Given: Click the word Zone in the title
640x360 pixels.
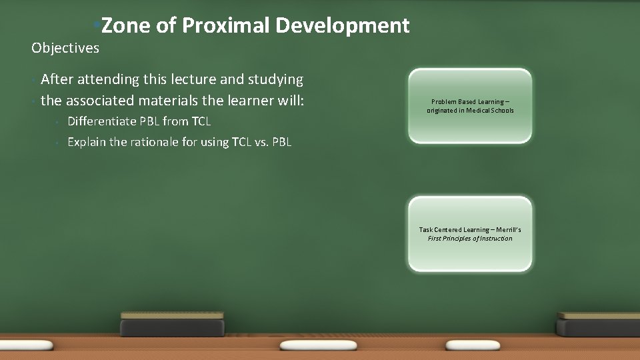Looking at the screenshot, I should click(126, 26).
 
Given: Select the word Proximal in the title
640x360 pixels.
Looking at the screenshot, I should click(225, 26).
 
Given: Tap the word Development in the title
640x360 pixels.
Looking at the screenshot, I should click(342, 26).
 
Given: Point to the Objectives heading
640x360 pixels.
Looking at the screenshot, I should click(65, 48).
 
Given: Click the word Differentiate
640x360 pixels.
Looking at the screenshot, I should click(103, 122).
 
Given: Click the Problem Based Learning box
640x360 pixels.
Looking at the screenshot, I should click(470, 106).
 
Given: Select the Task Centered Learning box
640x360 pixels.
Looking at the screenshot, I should click(470, 233).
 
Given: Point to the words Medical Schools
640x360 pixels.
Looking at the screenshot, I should click(490, 111).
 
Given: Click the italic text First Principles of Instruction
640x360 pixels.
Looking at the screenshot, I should click(470, 239).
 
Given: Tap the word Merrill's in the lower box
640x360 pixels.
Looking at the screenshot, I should click(506, 230).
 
